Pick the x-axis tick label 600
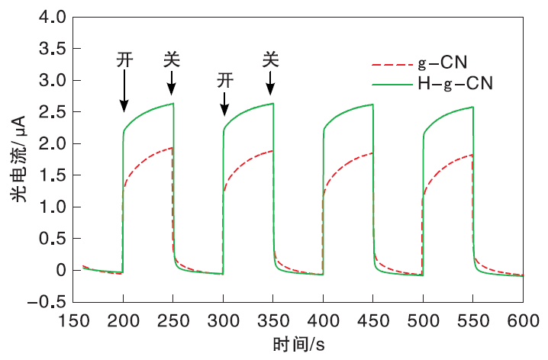523,320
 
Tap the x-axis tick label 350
273,320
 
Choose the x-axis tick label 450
373,320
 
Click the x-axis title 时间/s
299,344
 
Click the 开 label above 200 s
125,59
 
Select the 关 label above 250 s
172,59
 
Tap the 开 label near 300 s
224,79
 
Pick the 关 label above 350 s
270,59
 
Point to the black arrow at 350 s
270,82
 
